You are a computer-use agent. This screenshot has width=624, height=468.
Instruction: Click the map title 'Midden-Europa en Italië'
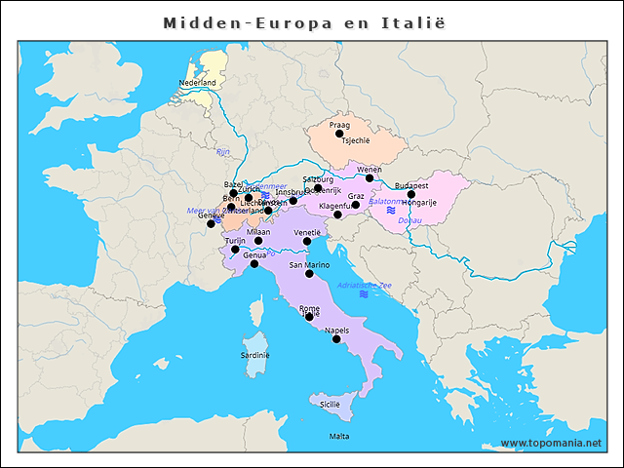310,21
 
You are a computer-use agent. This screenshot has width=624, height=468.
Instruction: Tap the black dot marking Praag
340,135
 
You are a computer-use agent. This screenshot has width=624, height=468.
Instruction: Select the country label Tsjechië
356,140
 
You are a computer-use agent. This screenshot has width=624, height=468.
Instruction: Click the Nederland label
197,83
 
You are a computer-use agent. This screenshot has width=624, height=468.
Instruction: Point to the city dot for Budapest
411,194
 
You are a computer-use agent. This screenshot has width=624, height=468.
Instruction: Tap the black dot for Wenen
370,178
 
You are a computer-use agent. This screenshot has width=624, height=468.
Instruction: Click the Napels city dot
336,339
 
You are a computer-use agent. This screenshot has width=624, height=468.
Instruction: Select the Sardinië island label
254,356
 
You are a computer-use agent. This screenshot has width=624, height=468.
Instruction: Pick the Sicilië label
331,404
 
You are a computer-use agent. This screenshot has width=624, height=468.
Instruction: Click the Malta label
339,436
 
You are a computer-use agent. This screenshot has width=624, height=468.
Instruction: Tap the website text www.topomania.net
551,444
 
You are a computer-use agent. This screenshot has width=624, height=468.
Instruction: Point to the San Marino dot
310,274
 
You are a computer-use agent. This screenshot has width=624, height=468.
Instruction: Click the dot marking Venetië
307,242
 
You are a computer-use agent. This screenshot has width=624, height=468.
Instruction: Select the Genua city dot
254,264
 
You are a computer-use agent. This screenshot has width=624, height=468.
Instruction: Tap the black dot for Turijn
235,250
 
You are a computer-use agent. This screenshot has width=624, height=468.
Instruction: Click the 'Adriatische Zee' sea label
364,285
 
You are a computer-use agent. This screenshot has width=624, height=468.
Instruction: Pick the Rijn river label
222,152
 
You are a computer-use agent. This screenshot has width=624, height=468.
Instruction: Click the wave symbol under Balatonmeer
390,211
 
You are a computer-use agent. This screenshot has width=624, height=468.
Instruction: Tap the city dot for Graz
356,205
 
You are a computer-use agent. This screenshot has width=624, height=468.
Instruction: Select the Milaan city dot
258,241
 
